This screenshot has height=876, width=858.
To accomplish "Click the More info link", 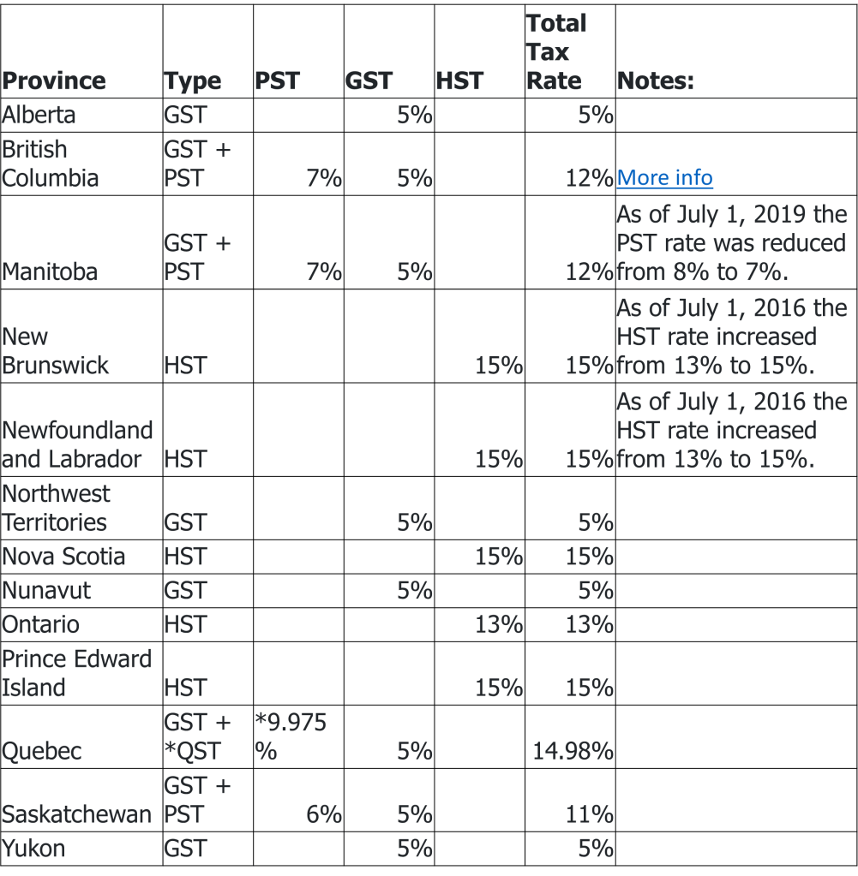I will tap(664, 178).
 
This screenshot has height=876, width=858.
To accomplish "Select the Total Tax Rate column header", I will tap(556, 52).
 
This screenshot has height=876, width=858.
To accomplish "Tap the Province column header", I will tap(54, 81).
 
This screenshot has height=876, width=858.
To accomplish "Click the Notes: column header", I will tap(656, 81).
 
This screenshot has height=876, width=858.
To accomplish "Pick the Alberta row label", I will tap(39, 115).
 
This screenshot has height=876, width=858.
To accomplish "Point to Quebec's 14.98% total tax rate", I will tap(573, 752).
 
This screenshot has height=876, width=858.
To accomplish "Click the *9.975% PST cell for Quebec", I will tap(291, 736).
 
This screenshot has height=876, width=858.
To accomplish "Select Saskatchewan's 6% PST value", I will tap(324, 814).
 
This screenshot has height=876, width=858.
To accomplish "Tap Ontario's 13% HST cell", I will tap(499, 624).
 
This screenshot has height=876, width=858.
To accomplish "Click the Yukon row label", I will tap(33, 849).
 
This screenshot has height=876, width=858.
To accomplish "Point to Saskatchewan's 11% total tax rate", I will tap(589, 814).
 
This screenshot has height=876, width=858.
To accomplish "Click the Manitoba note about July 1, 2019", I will tap(731, 243).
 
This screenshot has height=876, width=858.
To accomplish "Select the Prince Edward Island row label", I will tap(76, 673).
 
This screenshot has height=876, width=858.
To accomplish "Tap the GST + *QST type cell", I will tap(197, 736).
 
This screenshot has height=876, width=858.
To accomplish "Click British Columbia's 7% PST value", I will tap(324, 178).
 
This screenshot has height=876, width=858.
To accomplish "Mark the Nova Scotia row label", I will tap(63, 557).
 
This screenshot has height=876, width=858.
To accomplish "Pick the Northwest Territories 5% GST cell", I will tap(414, 522).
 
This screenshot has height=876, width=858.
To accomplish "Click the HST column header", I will tap(459, 81).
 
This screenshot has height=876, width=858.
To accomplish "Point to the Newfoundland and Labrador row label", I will tap(77, 444).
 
